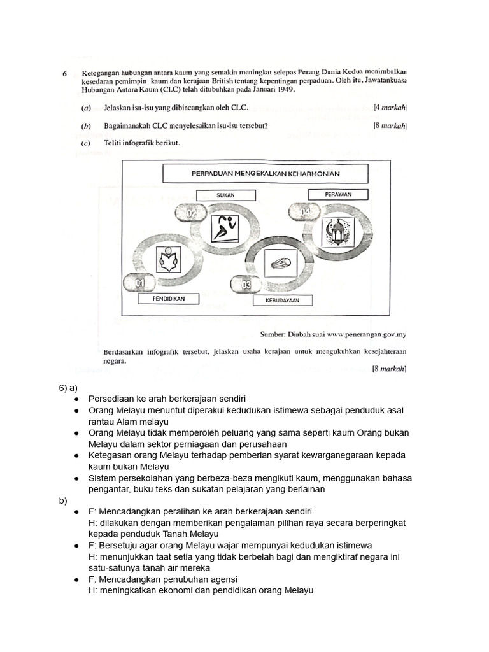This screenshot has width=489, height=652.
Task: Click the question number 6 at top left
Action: click(64, 73)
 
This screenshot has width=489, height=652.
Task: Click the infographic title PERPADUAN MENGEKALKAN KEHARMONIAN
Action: click(266, 173)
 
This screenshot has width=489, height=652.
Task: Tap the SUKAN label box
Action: click(222, 195)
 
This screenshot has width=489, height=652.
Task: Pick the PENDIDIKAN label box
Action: click(169, 298)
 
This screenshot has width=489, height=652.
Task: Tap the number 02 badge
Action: click(192, 213)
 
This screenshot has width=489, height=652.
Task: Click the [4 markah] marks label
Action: click(390, 108)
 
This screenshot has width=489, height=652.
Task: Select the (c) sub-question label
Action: click(86, 143)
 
